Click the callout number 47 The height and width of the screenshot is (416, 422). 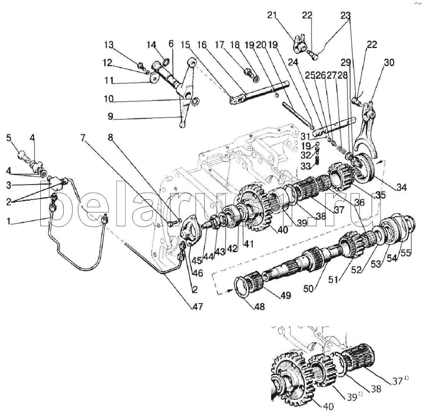pyautogui.click(x=197, y=307)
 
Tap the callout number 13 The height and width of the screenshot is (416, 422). pyautogui.click(x=109, y=45)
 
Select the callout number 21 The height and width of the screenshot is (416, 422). pyautogui.click(x=272, y=15)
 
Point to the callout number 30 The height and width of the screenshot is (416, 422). pyautogui.click(x=389, y=63)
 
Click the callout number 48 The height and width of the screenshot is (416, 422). pyautogui.click(x=260, y=307)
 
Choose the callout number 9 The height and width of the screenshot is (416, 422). pyautogui.click(x=110, y=116)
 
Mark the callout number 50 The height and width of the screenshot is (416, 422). pyautogui.click(x=308, y=289)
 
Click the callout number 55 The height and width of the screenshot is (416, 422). pyautogui.click(x=406, y=253)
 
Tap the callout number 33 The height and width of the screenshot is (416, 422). pyautogui.click(x=306, y=166)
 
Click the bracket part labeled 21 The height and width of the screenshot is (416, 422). pyautogui.click(x=299, y=44)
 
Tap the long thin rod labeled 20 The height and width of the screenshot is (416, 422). pyautogui.click(x=296, y=113)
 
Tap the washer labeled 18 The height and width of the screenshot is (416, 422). pyautogui.click(x=256, y=79)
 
